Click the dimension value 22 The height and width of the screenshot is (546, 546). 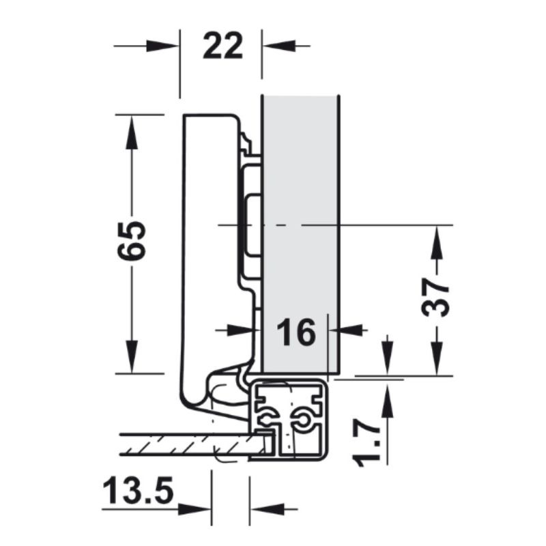click(222, 47)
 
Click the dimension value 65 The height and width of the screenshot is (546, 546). click(131, 240)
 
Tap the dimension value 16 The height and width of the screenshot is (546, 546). click(298, 332)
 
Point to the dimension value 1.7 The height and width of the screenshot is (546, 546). click(369, 443)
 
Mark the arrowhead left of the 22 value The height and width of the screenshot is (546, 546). click(164, 46)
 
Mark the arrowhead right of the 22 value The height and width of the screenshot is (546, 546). click(280, 46)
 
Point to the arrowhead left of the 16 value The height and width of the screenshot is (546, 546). click(243, 330)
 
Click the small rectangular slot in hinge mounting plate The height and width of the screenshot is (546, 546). click(251, 225)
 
